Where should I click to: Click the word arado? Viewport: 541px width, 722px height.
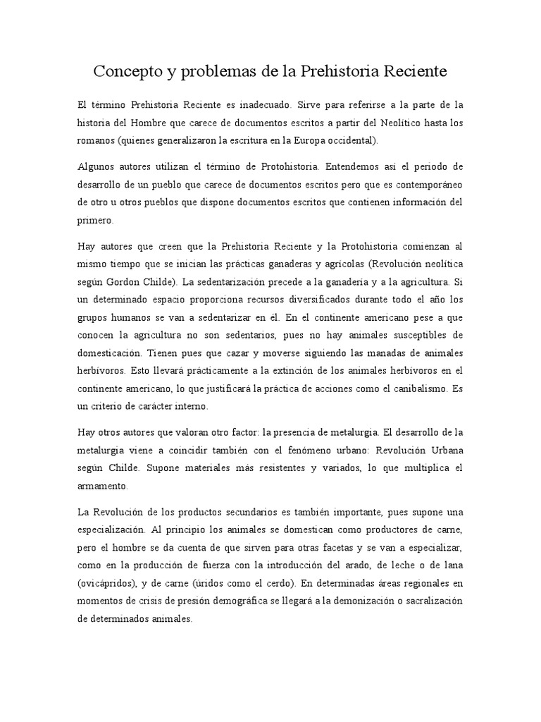375,565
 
